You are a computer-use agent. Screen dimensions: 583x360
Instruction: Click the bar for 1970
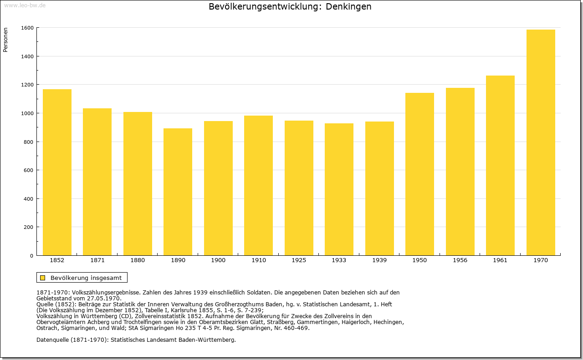pos(541,142)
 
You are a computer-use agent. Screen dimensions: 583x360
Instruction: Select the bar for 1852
pos(57,172)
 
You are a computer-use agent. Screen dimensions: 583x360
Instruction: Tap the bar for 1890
pos(178,192)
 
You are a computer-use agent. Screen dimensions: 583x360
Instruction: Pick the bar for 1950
pos(419,174)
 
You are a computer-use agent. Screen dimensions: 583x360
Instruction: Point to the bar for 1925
pos(299,188)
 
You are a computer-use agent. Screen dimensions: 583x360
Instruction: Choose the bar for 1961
pos(500,165)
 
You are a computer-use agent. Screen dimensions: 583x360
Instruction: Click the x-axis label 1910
pos(259,260)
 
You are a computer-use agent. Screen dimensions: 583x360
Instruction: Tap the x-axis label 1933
pos(339,260)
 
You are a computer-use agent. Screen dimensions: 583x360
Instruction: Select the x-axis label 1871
pos(97,260)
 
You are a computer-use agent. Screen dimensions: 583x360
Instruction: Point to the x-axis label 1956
pos(460,260)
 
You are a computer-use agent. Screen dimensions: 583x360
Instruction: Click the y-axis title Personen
pos(5,40)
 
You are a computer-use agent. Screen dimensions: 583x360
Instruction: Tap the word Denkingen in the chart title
pos(348,6)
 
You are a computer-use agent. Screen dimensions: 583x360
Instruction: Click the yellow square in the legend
pos(43,278)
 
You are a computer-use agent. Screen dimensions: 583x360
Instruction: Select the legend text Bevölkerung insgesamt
pos(86,278)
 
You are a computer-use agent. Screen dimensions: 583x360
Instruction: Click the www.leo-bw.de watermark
pos(25,5)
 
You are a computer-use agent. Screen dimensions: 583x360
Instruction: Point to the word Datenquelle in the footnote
pos(53,340)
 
